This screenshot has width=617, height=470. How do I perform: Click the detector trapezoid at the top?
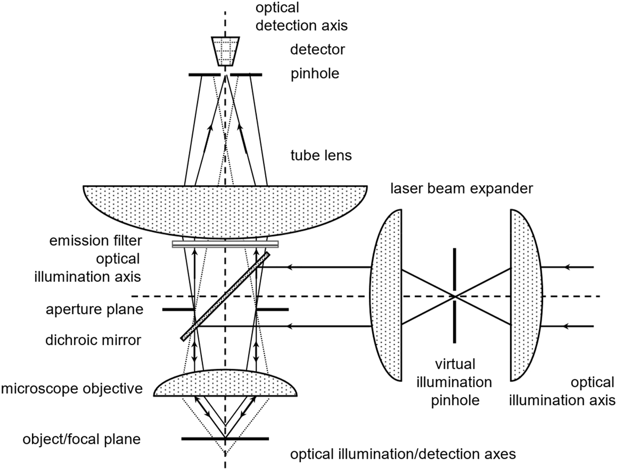[226, 51]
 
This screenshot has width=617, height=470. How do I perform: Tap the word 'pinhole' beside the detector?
[315, 74]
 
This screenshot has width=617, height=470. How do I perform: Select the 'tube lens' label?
[321, 155]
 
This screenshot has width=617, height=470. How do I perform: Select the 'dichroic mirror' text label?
[93, 340]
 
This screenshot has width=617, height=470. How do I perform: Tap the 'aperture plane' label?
[94, 310]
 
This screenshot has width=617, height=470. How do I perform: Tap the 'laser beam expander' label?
[462, 188]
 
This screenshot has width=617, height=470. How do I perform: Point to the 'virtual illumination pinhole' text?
[454, 382]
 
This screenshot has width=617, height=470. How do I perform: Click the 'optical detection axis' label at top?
[301, 16]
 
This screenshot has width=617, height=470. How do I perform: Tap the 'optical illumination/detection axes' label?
[403, 454]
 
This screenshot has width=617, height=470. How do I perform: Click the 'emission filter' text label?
[95, 241]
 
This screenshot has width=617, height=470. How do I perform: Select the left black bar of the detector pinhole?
[205, 74]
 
